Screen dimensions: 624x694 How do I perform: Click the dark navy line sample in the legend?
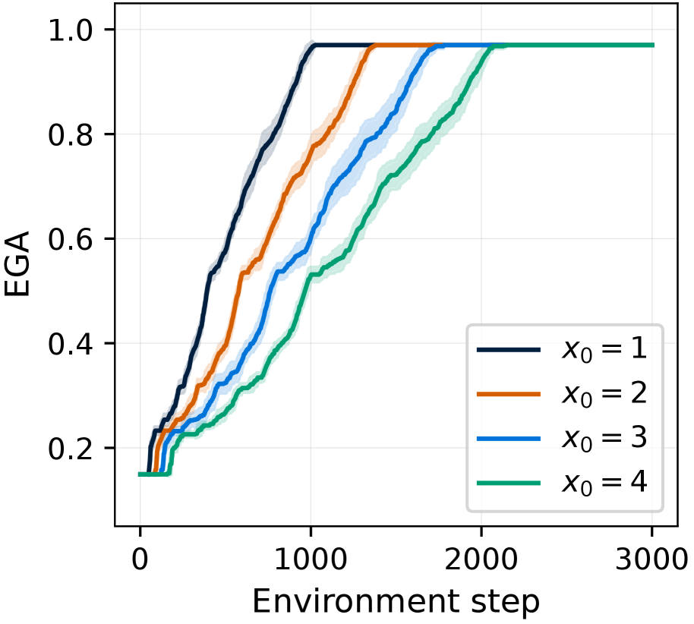(x=509, y=351)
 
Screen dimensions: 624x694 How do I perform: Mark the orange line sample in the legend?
(x=509, y=395)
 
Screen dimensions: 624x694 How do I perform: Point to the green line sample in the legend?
(x=509, y=483)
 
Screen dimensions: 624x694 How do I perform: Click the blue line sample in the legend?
(x=509, y=439)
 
